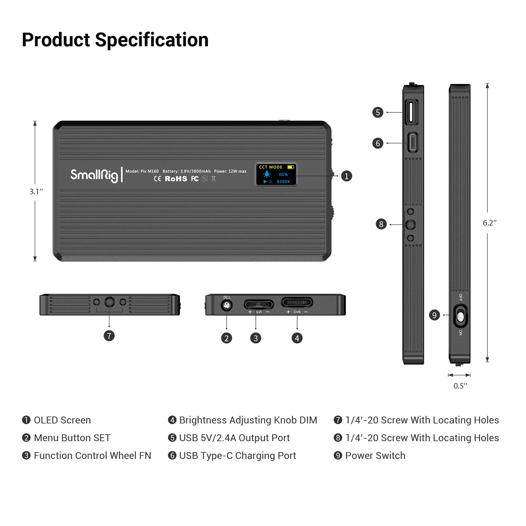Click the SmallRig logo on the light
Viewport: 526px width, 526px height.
pyautogui.click(x=94, y=175)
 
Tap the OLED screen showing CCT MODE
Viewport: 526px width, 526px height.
pyautogui.click(x=276, y=174)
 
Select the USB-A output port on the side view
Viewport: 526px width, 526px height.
pyautogui.click(x=412, y=112)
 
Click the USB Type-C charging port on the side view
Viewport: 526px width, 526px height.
pyautogui.click(x=413, y=143)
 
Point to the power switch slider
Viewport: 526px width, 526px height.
pyautogui.click(x=460, y=316)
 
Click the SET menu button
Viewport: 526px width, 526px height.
pyautogui.click(x=227, y=306)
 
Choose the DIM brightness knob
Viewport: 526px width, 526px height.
pyautogui.click(x=297, y=302)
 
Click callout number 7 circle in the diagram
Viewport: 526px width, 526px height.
pyautogui.click(x=109, y=336)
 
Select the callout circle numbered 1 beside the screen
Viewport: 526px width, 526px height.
pyautogui.click(x=346, y=176)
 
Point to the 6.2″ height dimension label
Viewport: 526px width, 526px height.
pyautogui.click(x=490, y=223)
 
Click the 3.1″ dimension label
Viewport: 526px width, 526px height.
pyautogui.click(x=36, y=191)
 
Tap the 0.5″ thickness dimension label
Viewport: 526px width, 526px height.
pyautogui.click(x=460, y=386)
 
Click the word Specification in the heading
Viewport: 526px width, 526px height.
pyautogui.click(x=152, y=40)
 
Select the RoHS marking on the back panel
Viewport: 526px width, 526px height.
pyautogui.click(x=176, y=179)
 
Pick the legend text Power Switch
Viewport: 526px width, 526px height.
pyautogui.click(x=375, y=456)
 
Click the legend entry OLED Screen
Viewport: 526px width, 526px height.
pyautogui.click(x=62, y=420)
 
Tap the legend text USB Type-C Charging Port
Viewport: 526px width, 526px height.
pyautogui.click(x=237, y=456)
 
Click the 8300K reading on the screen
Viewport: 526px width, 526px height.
pyautogui.click(x=283, y=181)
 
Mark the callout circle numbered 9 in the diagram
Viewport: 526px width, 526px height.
pyautogui.click(x=434, y=315)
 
